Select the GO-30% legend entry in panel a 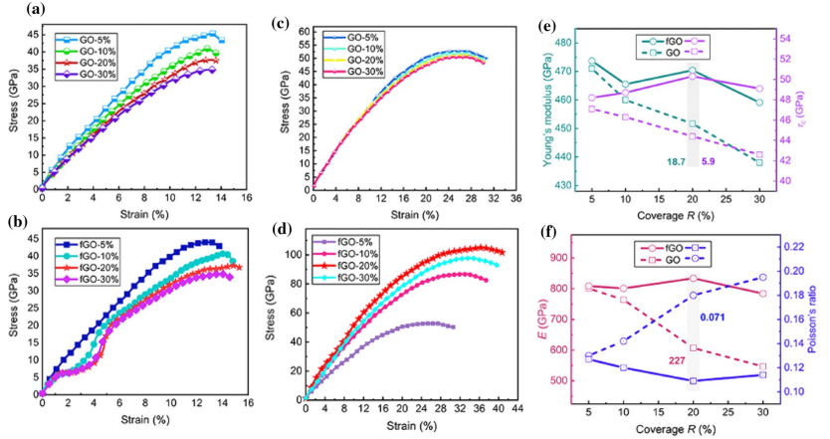tap(82, 73)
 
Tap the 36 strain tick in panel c tap(514, 199)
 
